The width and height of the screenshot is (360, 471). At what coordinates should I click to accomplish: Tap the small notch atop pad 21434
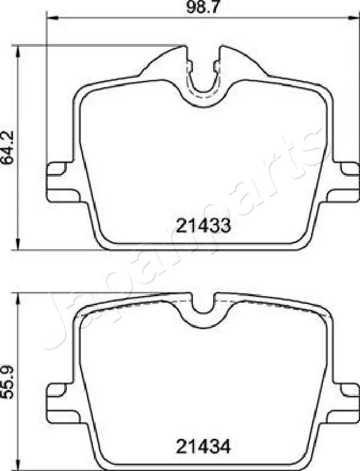[x=203, y=307]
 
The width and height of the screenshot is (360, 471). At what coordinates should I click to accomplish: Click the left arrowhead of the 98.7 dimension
[x=49, y=19]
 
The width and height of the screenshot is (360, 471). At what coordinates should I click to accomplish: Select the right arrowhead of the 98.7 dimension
[x=355, y=19]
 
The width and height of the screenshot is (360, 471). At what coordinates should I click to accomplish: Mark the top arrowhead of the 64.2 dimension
[x=20, y=50]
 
